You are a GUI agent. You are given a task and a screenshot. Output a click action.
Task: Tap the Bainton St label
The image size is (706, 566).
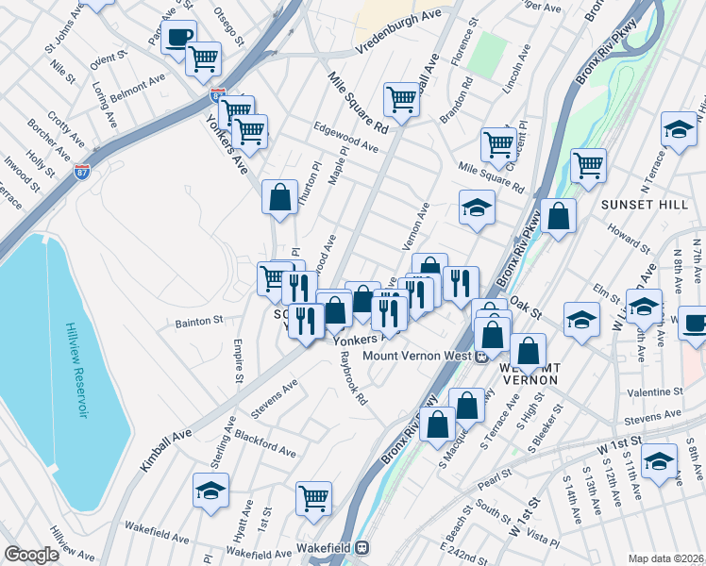(198, 321)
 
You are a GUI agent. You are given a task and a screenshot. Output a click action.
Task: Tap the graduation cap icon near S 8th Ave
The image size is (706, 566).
(659, 461)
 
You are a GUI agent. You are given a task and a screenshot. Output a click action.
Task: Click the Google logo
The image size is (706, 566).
(31, 555)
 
